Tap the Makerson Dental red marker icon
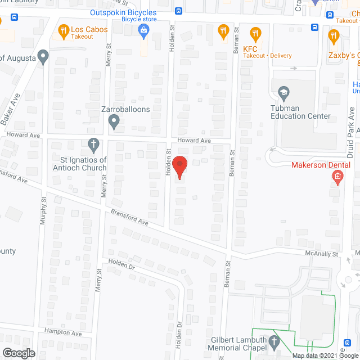tap(337, 179)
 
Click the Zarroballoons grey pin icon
tap(114, 120)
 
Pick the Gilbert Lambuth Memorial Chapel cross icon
tap(273, 341)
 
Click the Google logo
tap(18, 353)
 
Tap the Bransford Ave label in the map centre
tap(129, 219)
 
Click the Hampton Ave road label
tap(64, 333)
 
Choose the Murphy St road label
tap(43, 211)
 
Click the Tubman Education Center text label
tap(300, 112)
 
